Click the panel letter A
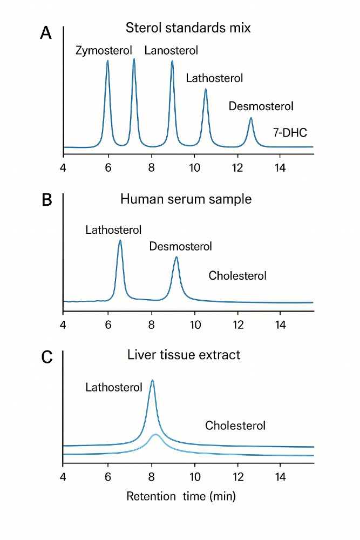tap(46, 33)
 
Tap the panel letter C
tap(47, 357)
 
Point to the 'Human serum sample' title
tap(186, 199)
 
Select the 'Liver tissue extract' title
tap(184, 355)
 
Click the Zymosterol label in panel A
tap(104, 51)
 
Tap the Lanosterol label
tap(171, 51)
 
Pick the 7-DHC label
tap(290, 132)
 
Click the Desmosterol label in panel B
tap(181, 246)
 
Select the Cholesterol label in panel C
tap(235, 426)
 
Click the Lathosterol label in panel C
tap(114, 387)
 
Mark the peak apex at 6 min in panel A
tap(107, 60)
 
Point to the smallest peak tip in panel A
tap(251, 118)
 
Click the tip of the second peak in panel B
tap(176, 258)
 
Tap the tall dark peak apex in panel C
tap(152, 381)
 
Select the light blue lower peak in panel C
tap(155, 434)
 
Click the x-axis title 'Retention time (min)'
tap(181, 496)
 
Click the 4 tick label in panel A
tap(64, 167)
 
